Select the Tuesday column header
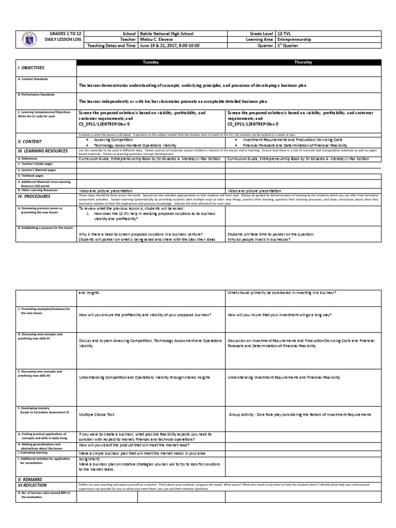(151, 62)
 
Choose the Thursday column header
(302, 62)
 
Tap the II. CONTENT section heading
(30, 141)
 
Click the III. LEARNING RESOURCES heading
(42, 151)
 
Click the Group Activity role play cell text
(300, 415)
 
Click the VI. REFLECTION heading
(32, 485)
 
